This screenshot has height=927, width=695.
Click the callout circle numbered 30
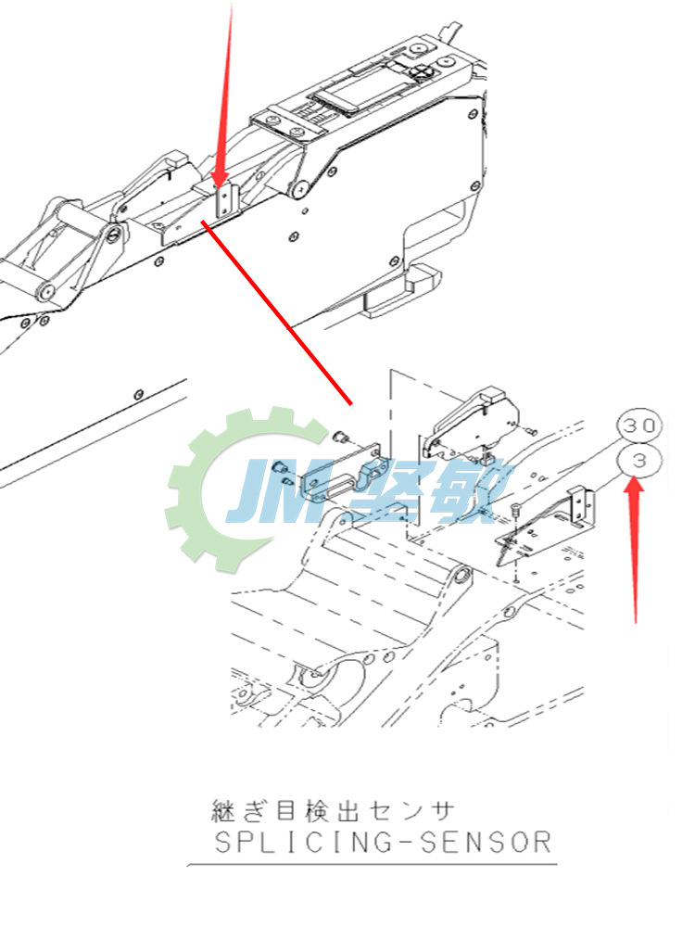point(639,425)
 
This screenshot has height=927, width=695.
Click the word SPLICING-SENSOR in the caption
point(383,843)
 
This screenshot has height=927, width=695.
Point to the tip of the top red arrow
point(221,185)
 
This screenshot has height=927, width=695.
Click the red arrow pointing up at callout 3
point(635,547)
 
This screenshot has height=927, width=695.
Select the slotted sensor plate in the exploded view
point(338,473)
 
